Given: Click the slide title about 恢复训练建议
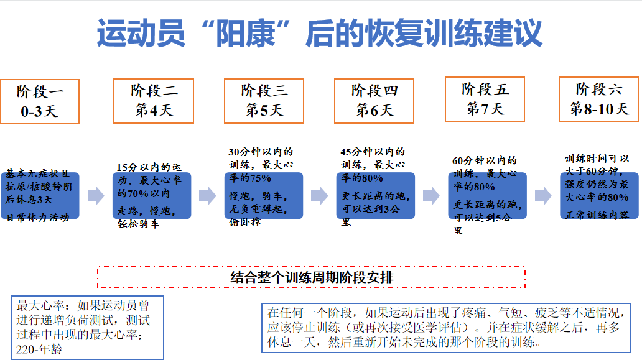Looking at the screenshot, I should click(x=320, y=34).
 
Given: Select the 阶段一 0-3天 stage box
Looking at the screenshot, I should click(x=40, y=101).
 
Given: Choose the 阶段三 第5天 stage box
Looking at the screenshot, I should click(x=264, y=101).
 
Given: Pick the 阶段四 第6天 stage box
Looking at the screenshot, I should click(x=374, y=101).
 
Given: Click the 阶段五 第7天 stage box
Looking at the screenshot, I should click(x=485, y=99).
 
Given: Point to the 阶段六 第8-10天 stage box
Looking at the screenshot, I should click(x=599, y=99).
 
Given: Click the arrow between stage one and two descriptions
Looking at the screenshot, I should click(x=96, y=196).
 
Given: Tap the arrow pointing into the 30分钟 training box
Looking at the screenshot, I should click(x=207, y=196).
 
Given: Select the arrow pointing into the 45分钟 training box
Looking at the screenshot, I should click(x=319, y=196).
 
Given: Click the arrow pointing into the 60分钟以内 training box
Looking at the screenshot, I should click(x=430, y=196).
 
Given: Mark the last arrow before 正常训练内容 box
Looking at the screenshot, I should click(x=542, y=196).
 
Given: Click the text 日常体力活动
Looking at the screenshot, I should click(x=38, y=216).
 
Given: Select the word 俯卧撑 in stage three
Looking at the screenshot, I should click(x=244, y=221).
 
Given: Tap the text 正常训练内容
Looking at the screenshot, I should click(x=597, y=215).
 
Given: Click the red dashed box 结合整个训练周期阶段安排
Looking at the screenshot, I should click(x=311, y=277).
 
